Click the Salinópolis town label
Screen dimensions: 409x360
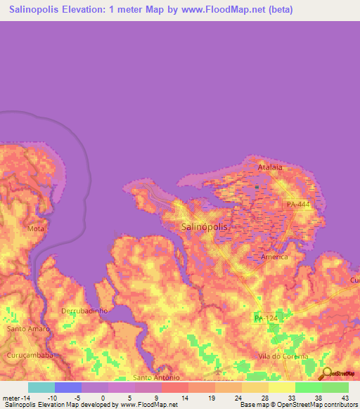[205, 227]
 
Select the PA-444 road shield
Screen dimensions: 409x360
[298, 204]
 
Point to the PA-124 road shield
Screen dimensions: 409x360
[266, 319]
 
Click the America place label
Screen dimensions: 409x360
[274, 257]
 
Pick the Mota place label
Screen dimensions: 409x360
[35, 229]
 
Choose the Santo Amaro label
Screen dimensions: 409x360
[27, 329]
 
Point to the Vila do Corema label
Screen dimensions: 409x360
[281, 356]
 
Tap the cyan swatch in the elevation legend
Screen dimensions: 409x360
[41, 387]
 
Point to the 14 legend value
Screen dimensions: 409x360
[184, 398]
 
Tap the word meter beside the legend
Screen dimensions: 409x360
[12, 398]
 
